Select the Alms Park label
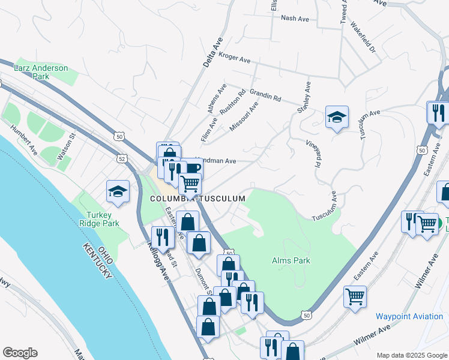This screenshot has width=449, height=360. [x=291, y=260]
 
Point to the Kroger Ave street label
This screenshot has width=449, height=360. [x=234, y=59]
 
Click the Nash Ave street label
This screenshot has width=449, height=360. [x=295, y=19]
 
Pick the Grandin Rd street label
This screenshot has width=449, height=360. [x=265, y=95]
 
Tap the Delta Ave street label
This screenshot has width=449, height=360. [x=209, y=52]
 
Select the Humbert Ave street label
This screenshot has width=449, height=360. [x=24, y=140]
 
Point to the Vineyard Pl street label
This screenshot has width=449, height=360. [x=312, y=154]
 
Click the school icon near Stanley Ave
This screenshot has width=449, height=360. [x=337, y=117]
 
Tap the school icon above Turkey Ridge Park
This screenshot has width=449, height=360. [x=118, y=192]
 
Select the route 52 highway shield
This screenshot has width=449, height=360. [x=122, y=158]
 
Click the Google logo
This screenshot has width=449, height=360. [x=20, y=353]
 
